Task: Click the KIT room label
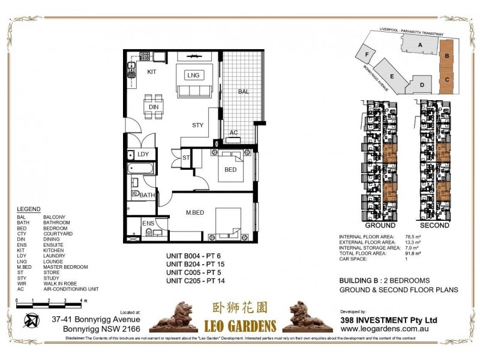coord(151,71)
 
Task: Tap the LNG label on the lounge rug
coord(193,75)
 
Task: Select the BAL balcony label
coord(243,92)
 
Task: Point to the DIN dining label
coord(154,107)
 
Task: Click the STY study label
coord(197,125)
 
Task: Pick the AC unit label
coord(233,133)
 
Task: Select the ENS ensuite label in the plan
coord(148,224)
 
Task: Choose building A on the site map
coord(420,45)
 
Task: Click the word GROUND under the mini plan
coord(380,226)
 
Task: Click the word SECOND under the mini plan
coord(434,226)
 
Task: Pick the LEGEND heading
coord(28,209)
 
